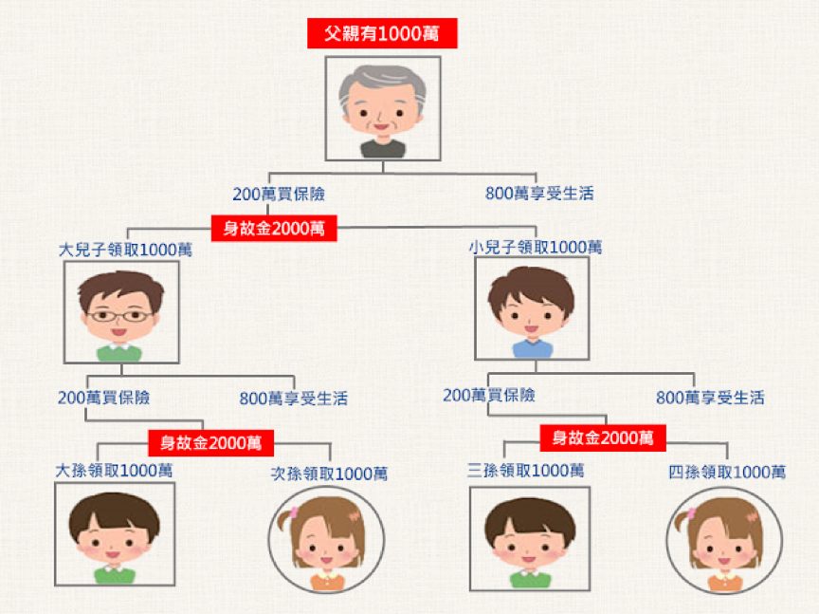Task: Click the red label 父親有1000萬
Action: [382, 34]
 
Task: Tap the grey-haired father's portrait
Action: [382, 107]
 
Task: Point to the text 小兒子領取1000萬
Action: [536, 247]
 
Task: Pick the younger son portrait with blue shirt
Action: [531, 308]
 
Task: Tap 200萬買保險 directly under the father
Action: [279, 194]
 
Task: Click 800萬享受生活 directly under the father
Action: [539, 194]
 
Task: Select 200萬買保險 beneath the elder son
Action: [103, 397]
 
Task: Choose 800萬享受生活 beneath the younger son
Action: [710, 397]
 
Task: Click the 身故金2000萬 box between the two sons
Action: [274, 229]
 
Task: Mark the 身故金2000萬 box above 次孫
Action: [210, 442]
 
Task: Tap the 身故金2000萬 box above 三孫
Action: [603, 437]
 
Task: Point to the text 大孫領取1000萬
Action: [114, 470]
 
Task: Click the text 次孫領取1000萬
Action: [329, 474]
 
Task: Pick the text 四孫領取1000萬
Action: [727, 472]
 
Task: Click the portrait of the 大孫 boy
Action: [114, 534]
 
